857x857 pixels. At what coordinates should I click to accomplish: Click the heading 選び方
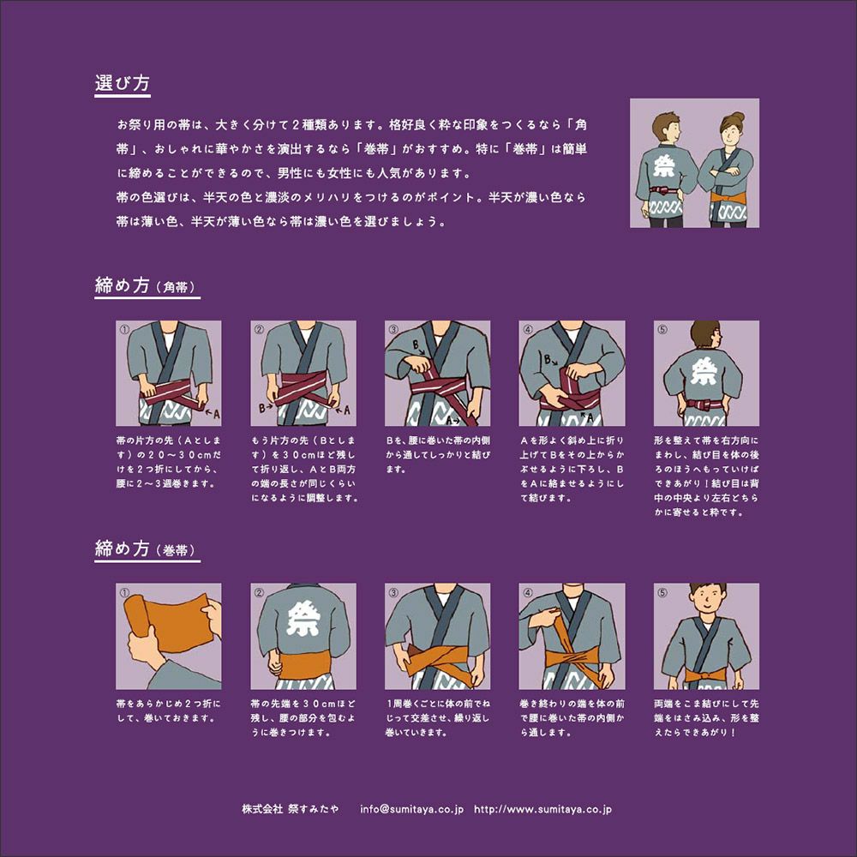click(x=122, y=83)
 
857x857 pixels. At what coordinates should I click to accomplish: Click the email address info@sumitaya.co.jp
click(x=411, y=809)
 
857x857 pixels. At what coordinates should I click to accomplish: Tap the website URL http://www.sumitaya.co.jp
click(x=542, y=809)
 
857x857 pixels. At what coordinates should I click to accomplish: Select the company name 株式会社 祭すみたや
click(x=290, y=809)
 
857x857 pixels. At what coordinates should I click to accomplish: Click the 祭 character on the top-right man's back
click(x=664, y=166)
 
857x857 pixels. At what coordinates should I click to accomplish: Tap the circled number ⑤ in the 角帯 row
click(x=662, y=329)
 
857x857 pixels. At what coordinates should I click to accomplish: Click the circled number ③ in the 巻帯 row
click(x=393, y=592)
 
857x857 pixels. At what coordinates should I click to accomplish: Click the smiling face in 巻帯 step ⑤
click(x=707, y=602)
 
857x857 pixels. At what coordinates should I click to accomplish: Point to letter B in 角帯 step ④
click(x=547, y=360)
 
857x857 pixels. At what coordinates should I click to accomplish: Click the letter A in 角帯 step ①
click(x=217, y=414)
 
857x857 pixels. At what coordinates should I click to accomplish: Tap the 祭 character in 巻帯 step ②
click(x=303, y=620)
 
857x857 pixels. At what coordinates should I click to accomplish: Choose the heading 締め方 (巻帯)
click(x=146, y=548)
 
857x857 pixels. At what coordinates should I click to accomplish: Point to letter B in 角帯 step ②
click(x=261, y=407)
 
